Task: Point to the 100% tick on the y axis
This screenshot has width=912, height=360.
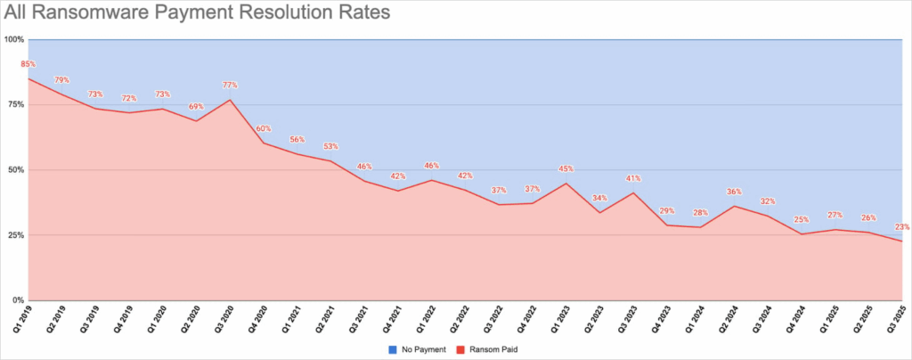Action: pyautogui.click(x=13, y=39)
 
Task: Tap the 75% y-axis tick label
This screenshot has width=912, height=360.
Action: pyautogui.click(x=15, y=104)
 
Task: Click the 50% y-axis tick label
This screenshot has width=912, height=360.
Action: pyautogui.click(x=15, y=169)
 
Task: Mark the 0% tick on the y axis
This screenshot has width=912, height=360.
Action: pyautogui.click(x=18, y=300)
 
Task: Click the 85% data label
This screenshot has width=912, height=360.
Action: pyautogui.click(x=28, y=64)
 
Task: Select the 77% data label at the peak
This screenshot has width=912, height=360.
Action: pyautogui.click(x=230, y=86)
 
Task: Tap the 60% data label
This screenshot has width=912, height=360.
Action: pyautogui.click(x=264, y=129)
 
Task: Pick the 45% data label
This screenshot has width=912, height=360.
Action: pyautogui.click(x=565, y=169)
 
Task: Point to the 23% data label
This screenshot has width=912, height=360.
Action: pyautogui.click(x=900, y=227)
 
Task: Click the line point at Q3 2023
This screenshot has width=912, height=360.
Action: pyautogui.click(x=632, y=193)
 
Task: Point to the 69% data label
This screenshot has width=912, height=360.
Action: pyautogui.click(x=196, y=107)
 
